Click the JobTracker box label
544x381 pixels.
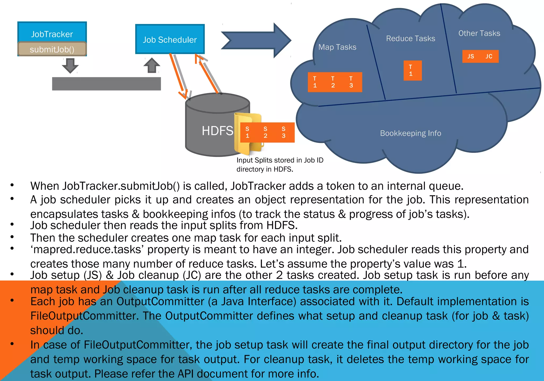pos(52,34)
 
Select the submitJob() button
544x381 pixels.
pos(52,49)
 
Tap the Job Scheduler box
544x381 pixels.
pos(170,39)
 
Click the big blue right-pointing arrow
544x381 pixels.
pos(256,40)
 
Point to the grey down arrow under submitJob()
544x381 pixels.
pos(70,65)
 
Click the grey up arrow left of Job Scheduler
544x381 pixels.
pos(152,65)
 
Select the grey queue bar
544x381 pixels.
pos(106,84)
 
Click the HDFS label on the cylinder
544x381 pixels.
pos(217,131)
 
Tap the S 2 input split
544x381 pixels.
pos(265,132)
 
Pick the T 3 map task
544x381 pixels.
pos(351,82)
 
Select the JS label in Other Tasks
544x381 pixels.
pos(471,56)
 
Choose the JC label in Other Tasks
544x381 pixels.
pos(489,56)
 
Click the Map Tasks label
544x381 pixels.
pos(337,47)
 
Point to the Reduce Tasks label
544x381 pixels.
pos(410,39)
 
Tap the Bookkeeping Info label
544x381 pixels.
pos(410,133)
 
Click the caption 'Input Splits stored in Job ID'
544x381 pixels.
pos(280,160)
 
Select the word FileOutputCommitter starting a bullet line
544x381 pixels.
pos(84,316)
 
